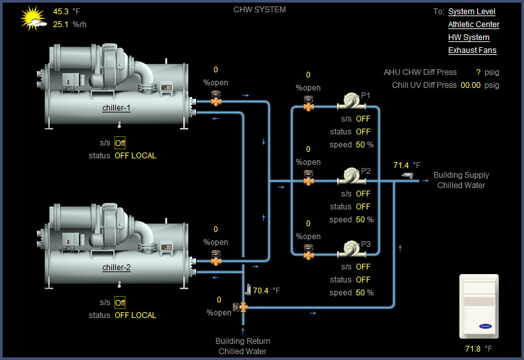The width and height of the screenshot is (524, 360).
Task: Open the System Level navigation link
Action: (x=472, y=12)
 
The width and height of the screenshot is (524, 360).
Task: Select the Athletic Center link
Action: (x=474, y=25)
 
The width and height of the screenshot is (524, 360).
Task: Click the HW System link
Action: (x=468, y=37)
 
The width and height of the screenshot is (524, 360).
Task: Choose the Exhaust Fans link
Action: (x=472, y=50)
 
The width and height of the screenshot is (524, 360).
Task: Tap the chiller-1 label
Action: (x=116, y=108)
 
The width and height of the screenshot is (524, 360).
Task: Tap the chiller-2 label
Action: (x=116, y=268)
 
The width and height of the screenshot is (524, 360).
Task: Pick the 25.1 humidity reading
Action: (x=61, y=25)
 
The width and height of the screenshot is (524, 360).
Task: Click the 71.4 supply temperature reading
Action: (x=402, y=165)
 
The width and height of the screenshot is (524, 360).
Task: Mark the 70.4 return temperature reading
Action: (x=261, y=291)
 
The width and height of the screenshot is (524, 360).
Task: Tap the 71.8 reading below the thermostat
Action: (x=474, y=349)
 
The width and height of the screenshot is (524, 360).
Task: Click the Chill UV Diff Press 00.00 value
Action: (x=470, y=85)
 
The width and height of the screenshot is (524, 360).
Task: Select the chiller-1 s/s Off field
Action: (x=120, y=143)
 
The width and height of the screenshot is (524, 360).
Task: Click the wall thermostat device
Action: (x=479, y=306)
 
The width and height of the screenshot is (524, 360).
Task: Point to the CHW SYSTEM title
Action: (x=259, y=10)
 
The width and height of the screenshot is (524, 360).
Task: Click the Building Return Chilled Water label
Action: (x=243, y=346)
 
